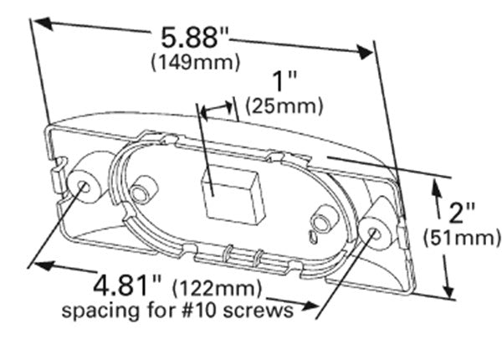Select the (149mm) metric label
195,62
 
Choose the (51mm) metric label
463,239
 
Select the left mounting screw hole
85,185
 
